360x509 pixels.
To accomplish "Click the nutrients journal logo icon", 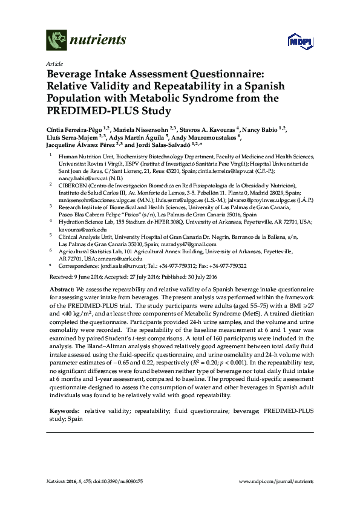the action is [x=56, y=41].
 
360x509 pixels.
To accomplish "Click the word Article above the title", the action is [x=53, y=63].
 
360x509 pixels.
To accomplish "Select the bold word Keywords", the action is [x=64, y=410].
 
